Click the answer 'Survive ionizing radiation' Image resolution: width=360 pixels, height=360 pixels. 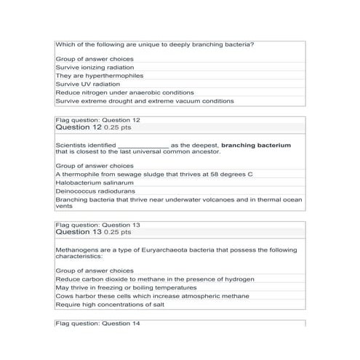[x=94, y=66]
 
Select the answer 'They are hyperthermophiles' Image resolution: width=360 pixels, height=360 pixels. [x=99, y=75]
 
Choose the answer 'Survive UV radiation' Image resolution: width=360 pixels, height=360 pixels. [x=87, y=84]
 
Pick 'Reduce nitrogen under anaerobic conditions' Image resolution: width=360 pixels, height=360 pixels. [x=124, y=92]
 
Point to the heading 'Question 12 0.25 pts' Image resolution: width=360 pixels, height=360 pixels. [x=93, y=127]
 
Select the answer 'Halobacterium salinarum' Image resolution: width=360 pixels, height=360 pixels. [x=95, y=183]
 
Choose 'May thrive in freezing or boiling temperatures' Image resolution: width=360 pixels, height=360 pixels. [x=128, y=287]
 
